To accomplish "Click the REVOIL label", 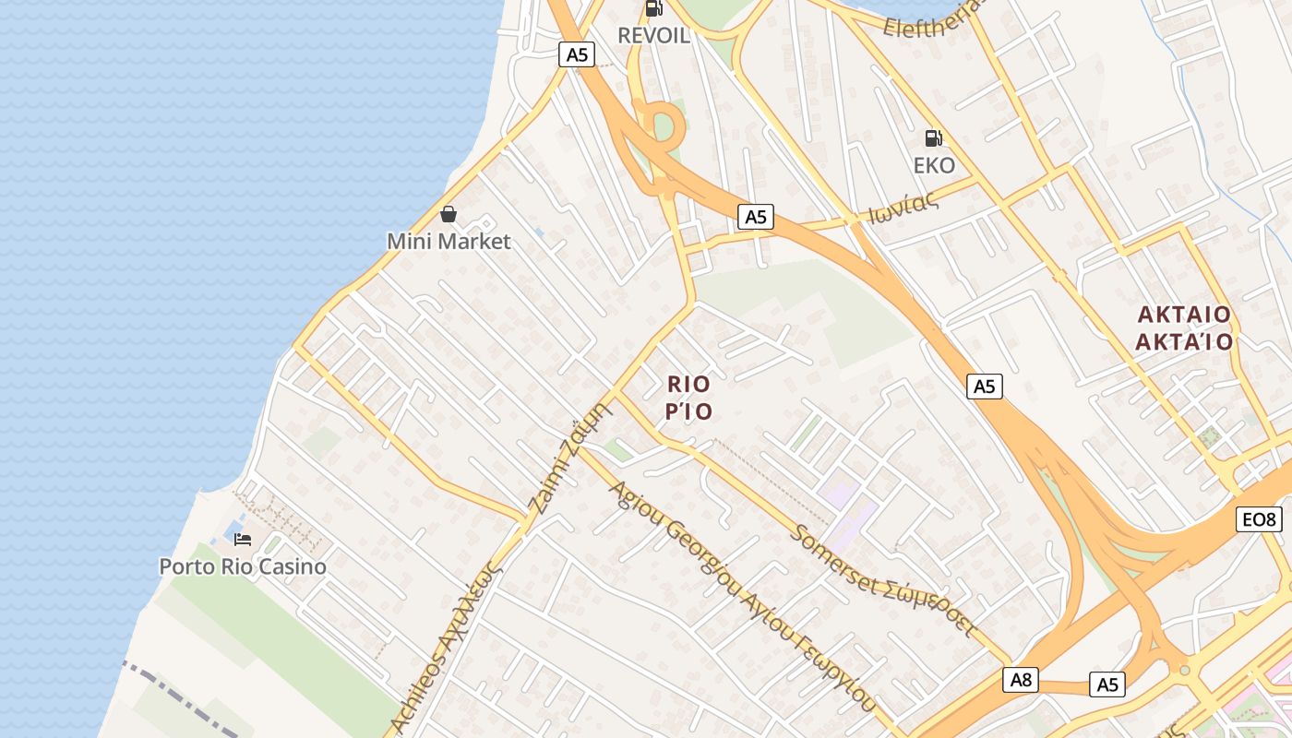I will tap(653, 36).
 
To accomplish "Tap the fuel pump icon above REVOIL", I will tap(653, 8).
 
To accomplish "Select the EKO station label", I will tap(934, 165).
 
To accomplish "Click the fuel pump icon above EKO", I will tap(934, 138).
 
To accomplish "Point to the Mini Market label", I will tap(449, 242).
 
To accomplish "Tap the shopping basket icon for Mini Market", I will tap(449, 215).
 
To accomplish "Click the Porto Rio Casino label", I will tap(243, 566).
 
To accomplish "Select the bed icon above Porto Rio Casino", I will tap(243, 540).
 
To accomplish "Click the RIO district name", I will tap(689, 384).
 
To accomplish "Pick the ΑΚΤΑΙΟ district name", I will tap(1184, 315).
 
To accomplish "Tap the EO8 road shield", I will tap(1259, 520).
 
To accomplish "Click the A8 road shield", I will tap(1021, 681).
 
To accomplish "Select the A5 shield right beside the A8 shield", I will tap(1107, 684).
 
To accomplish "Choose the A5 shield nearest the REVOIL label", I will tap(577, 54).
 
